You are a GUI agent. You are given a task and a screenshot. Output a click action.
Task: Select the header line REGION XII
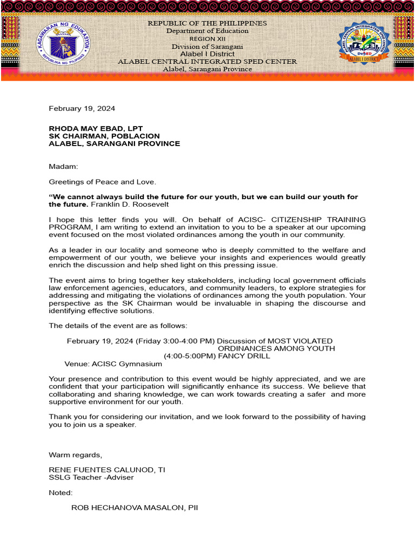207,39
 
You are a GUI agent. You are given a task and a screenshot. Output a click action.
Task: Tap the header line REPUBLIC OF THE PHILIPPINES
207,23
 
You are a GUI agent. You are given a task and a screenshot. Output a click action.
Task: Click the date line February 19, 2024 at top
82,108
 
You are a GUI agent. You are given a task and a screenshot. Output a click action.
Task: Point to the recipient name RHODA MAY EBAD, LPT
96,128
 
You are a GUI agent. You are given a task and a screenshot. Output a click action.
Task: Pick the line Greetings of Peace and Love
102,182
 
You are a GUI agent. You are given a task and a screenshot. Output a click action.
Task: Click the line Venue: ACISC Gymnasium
113,364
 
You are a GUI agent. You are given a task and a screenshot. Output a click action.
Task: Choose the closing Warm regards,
75,454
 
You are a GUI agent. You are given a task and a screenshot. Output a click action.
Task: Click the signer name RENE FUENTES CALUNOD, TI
107,470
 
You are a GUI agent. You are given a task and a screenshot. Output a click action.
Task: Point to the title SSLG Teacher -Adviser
91,477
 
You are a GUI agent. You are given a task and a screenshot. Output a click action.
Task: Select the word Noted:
61,493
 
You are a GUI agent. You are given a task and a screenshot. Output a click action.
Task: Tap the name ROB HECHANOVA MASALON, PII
135,508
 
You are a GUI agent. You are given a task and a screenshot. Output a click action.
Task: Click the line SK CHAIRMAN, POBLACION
104,136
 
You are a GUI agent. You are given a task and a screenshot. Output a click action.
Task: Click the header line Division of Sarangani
207,47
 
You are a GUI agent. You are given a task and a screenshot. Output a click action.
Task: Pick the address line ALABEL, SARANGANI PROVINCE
114,143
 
